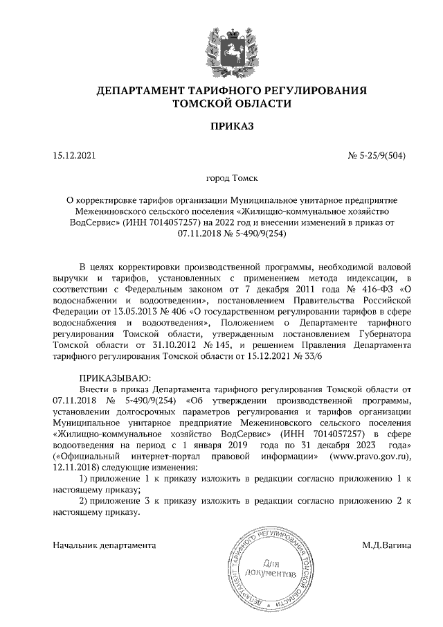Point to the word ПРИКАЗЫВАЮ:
click(x=111, y=378)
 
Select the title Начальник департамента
click(x=104, y=545)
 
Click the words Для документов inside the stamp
click(x=271, y=568)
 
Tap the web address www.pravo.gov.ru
click(x=373, y=456)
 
